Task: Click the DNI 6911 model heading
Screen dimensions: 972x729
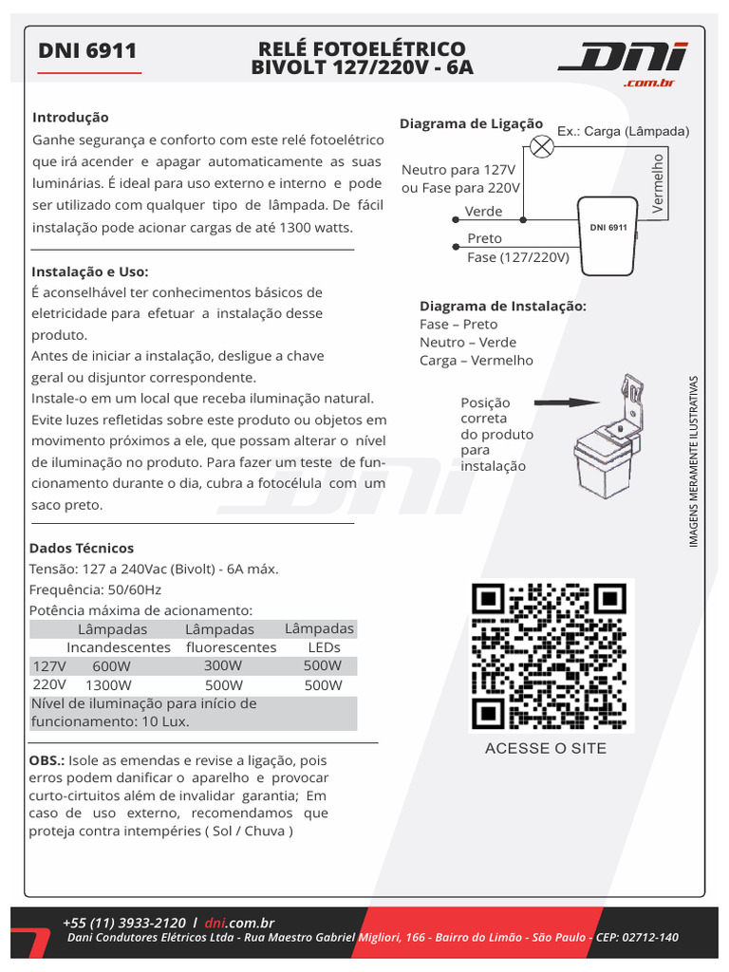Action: pyautogui.click(x=87, y=51)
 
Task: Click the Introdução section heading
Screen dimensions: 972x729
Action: pyautogui.click(x=70, y=118)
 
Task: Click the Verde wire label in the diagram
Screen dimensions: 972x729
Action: pyautogui.click(x=483, y=212)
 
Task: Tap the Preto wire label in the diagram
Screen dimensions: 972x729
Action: pyautogui.click(x=484, y=238)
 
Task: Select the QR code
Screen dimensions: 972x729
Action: pyautogui.click(x=551, y=656)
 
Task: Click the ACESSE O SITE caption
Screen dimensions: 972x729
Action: pyautogui.click(x=545, y=748)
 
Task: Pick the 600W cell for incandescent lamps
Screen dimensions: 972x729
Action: pyautogui.click(x=112, y=666)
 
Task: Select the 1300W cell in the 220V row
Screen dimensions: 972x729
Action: pyautogui.click(x=108, y=685)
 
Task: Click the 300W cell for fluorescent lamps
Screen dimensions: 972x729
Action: pyautogui.click(x=223, y=665)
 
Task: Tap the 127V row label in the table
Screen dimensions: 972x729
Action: pyautogui.click(x=49, y=665)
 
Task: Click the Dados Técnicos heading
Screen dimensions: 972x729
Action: pyautogui.click(x=82, y=549)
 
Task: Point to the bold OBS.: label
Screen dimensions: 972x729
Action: pyautogui.click(x=47, y=761)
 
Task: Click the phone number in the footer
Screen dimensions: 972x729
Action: pyautogui.click(x=123, y=923)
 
